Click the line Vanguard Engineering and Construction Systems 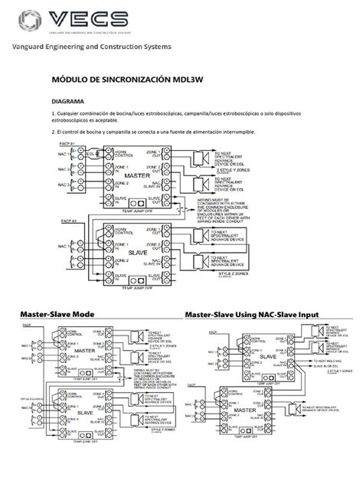(x=90, y=47)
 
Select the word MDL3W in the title (x=175, y=79)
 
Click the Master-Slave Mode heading (x=57, y=315)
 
